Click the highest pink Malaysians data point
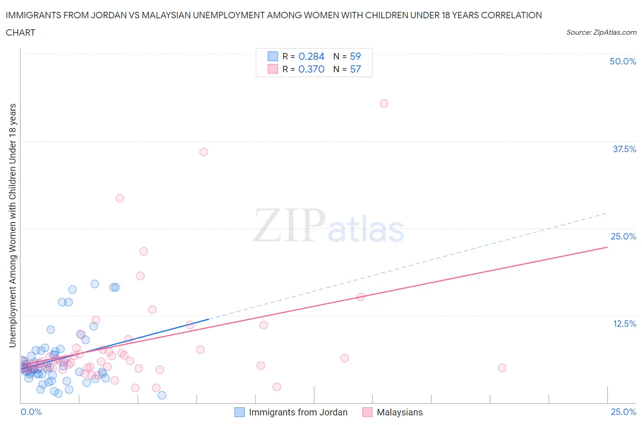[x=384, y=103]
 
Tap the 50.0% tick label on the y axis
[x=623, y=61]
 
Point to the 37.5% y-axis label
[x=624, y=149]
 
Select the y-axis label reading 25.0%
[x=623, y=236]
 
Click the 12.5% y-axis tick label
[x=624, y=324]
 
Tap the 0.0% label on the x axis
[x=31, y=412]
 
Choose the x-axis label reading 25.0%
[x=623, y=412]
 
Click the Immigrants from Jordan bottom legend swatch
[x=239, y=412]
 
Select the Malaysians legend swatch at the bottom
[x=367, y=412]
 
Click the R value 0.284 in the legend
[x=311, y=56]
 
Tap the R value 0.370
[x=311, y=69]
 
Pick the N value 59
[x=355, y=56]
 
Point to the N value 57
[x=355, y=69]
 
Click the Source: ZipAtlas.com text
[x=601, y=32]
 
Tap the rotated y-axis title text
[x=12, y=225]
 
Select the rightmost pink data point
[x=502, y=368]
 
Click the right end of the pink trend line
[x=607, y=247]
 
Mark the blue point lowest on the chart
[x=162, y=395]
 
